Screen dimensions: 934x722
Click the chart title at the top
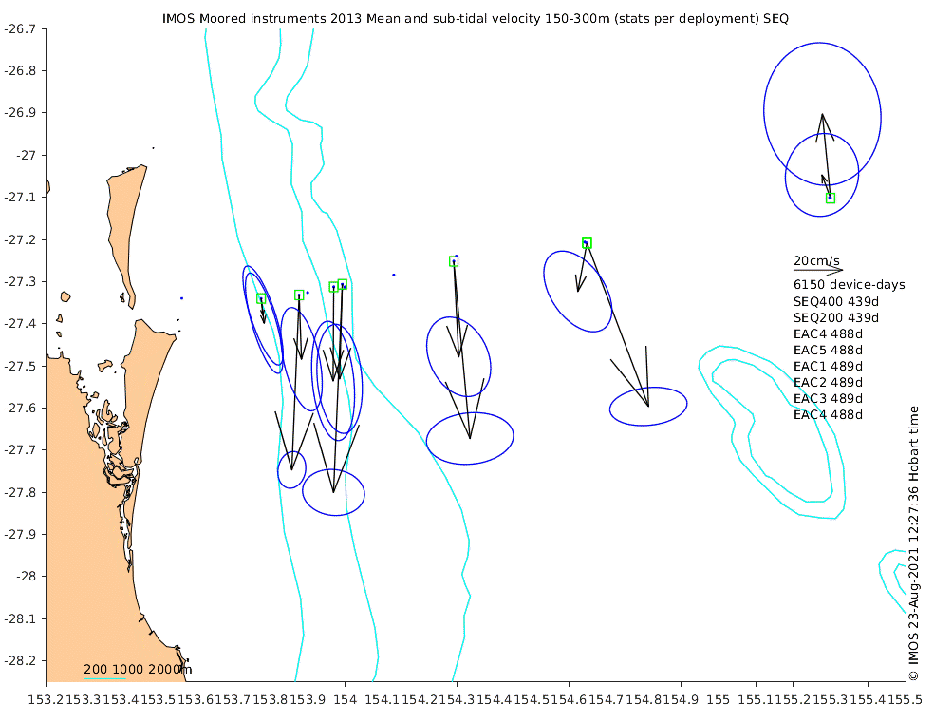(476, 18)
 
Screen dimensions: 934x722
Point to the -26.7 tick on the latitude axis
(20, 28)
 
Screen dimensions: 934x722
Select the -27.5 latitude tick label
(20, 366)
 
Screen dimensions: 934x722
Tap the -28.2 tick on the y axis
(20, 660)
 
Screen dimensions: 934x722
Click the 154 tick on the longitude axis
(345, 699)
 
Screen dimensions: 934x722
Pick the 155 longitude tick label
(719, 699)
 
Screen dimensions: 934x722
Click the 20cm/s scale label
(816, 260)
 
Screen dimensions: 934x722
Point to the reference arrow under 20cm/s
(818, 270)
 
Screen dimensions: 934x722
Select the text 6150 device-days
(850, 285)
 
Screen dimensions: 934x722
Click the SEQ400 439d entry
(836, 301)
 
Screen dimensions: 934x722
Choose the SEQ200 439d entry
(836, 317)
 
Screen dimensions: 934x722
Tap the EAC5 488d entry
(828, 350)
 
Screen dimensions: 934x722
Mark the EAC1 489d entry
(828, 366)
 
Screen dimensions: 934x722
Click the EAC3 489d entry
(828, 398)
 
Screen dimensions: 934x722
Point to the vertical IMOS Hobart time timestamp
(914, 543)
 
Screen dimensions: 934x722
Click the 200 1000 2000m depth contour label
(138, 670)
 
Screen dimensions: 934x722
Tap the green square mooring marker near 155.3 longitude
(831, 198)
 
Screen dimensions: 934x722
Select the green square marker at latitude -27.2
(587, 243)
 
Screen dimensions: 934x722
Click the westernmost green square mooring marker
(261, 298)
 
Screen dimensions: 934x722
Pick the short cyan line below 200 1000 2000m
(104, 679)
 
